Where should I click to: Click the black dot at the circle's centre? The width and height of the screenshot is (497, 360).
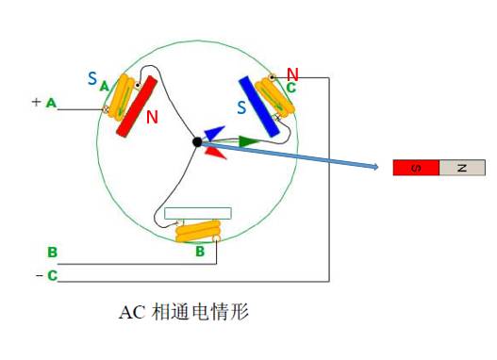(x=197, y=141)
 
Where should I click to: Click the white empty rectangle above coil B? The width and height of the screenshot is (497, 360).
(x=198, y=213)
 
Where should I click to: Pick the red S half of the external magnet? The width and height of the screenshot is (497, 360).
(x=416, y=168)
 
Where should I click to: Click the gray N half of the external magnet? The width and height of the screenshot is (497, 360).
(x=462, y=168)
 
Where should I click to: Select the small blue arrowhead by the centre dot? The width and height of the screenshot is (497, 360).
(x=213, y=134)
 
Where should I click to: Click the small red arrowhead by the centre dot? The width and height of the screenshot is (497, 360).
(x=214, y=150)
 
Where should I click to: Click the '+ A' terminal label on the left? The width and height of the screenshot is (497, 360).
(x=43, y=102)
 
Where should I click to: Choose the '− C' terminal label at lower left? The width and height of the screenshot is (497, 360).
(x=47, y=275)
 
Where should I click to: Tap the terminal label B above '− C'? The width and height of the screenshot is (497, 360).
(x=53, y=252)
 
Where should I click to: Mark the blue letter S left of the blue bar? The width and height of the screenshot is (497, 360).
(x=242, y=108)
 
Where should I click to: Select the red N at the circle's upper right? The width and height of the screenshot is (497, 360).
(x=293, y=74)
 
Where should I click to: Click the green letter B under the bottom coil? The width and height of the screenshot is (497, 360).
(x=200, y=252)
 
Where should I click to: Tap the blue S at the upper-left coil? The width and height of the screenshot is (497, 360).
(x=92, y=79)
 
